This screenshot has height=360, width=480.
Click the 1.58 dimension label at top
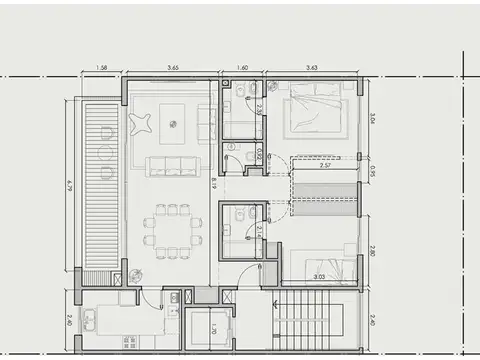(102, 68)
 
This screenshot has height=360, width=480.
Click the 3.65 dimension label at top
(173, 68)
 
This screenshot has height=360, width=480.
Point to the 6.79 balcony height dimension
(70, 185)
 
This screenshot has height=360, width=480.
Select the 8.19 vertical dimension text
(214, 183)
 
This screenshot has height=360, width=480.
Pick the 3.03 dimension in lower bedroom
(319, 277)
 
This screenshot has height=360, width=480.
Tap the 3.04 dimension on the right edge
(370, 118)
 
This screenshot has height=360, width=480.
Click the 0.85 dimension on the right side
(370, 173)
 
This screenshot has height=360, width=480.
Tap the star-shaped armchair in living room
(140, 124)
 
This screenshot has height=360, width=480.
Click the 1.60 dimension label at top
(241, 68)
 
